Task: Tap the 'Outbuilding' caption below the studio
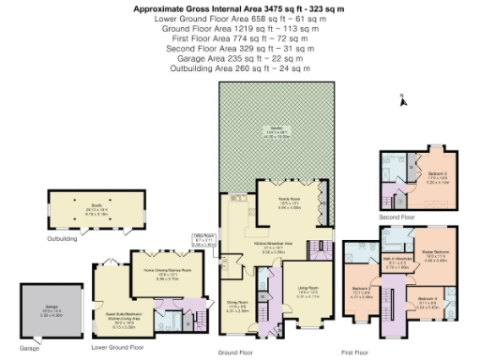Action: click(62, 240)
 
